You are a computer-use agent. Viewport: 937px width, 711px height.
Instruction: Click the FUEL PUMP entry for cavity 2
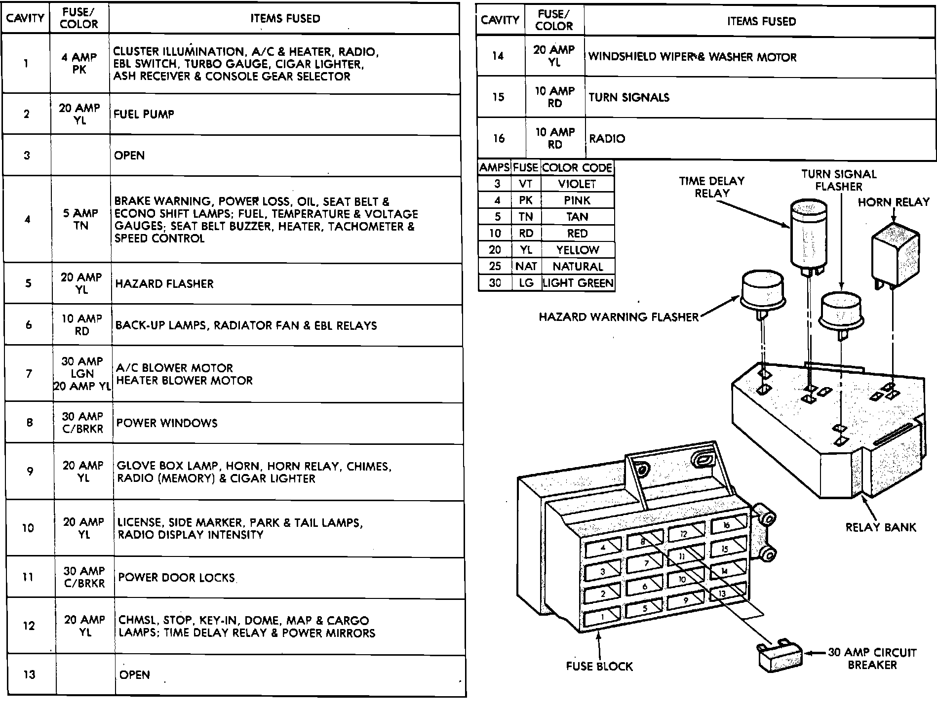point(144,114)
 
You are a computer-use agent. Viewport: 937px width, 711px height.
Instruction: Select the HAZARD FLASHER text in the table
point(164,284)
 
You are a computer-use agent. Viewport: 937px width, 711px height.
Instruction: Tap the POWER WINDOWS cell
point(167,423)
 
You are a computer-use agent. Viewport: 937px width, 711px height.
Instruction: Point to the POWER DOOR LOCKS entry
point(176,578)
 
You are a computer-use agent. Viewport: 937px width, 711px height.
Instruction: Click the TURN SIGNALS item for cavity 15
point(629,97)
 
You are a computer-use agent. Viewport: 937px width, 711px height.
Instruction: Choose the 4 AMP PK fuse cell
point(79,63)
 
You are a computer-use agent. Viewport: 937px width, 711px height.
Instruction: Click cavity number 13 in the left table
point(29,674)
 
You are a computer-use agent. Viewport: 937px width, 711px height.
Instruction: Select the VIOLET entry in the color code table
point(577,184)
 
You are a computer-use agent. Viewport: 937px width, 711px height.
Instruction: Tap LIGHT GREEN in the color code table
point(578,283)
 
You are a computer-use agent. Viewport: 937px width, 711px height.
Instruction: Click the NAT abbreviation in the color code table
point(526,267)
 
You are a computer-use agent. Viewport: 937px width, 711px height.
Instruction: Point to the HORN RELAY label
point(894,202)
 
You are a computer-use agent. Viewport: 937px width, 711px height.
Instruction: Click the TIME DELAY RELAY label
point(711,187)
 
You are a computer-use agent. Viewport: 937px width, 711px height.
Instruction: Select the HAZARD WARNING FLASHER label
point(619,317)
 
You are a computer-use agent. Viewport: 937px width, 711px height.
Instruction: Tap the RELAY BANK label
point(881,527)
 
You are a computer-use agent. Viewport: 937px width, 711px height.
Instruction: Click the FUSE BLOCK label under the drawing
point(599,666)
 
